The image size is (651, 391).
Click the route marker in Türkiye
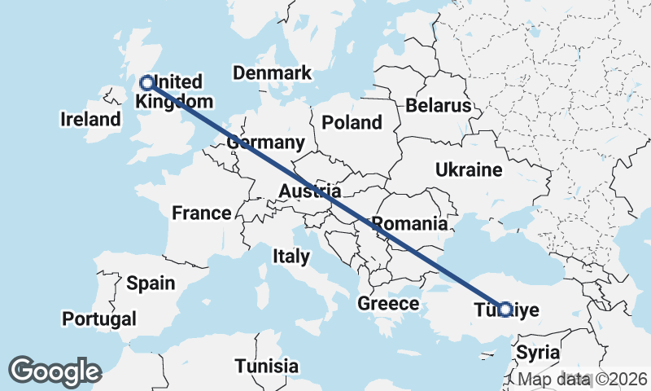tap(505, 310)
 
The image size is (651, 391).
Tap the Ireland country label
tap(90, 120)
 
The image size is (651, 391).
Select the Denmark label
tap(272, 73)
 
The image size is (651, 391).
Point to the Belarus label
tap(439, 106)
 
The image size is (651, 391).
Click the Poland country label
tap(352, 123)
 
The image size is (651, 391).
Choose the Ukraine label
tap(469, 170)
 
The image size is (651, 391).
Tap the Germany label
tap(265, 143)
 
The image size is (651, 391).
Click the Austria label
tap(309, 191)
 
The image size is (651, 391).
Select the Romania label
tap(409, 223)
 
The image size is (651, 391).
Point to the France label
tap(202, 213)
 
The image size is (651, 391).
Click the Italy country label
tap(291, 257)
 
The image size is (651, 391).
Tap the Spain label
tap(151, 283)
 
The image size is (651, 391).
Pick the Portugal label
tap(99, 318)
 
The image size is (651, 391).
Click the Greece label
tap(388, 304)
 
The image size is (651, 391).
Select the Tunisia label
tap(266, 366)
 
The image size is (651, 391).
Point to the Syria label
tap(538, 354)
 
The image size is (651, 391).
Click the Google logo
tap(55, 371)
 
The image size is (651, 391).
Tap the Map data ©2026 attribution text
tap(583, 380)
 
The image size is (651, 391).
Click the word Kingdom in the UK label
tap(174, 102)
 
